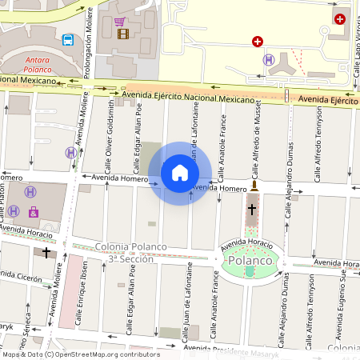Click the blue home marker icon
180,173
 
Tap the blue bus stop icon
68,40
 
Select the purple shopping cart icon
119,22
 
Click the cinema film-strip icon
122,34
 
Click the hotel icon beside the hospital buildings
269,59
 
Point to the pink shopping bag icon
33,212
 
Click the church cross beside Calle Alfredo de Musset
252,209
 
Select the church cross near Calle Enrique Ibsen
46,252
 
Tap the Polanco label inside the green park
250,261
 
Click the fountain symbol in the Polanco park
250,272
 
